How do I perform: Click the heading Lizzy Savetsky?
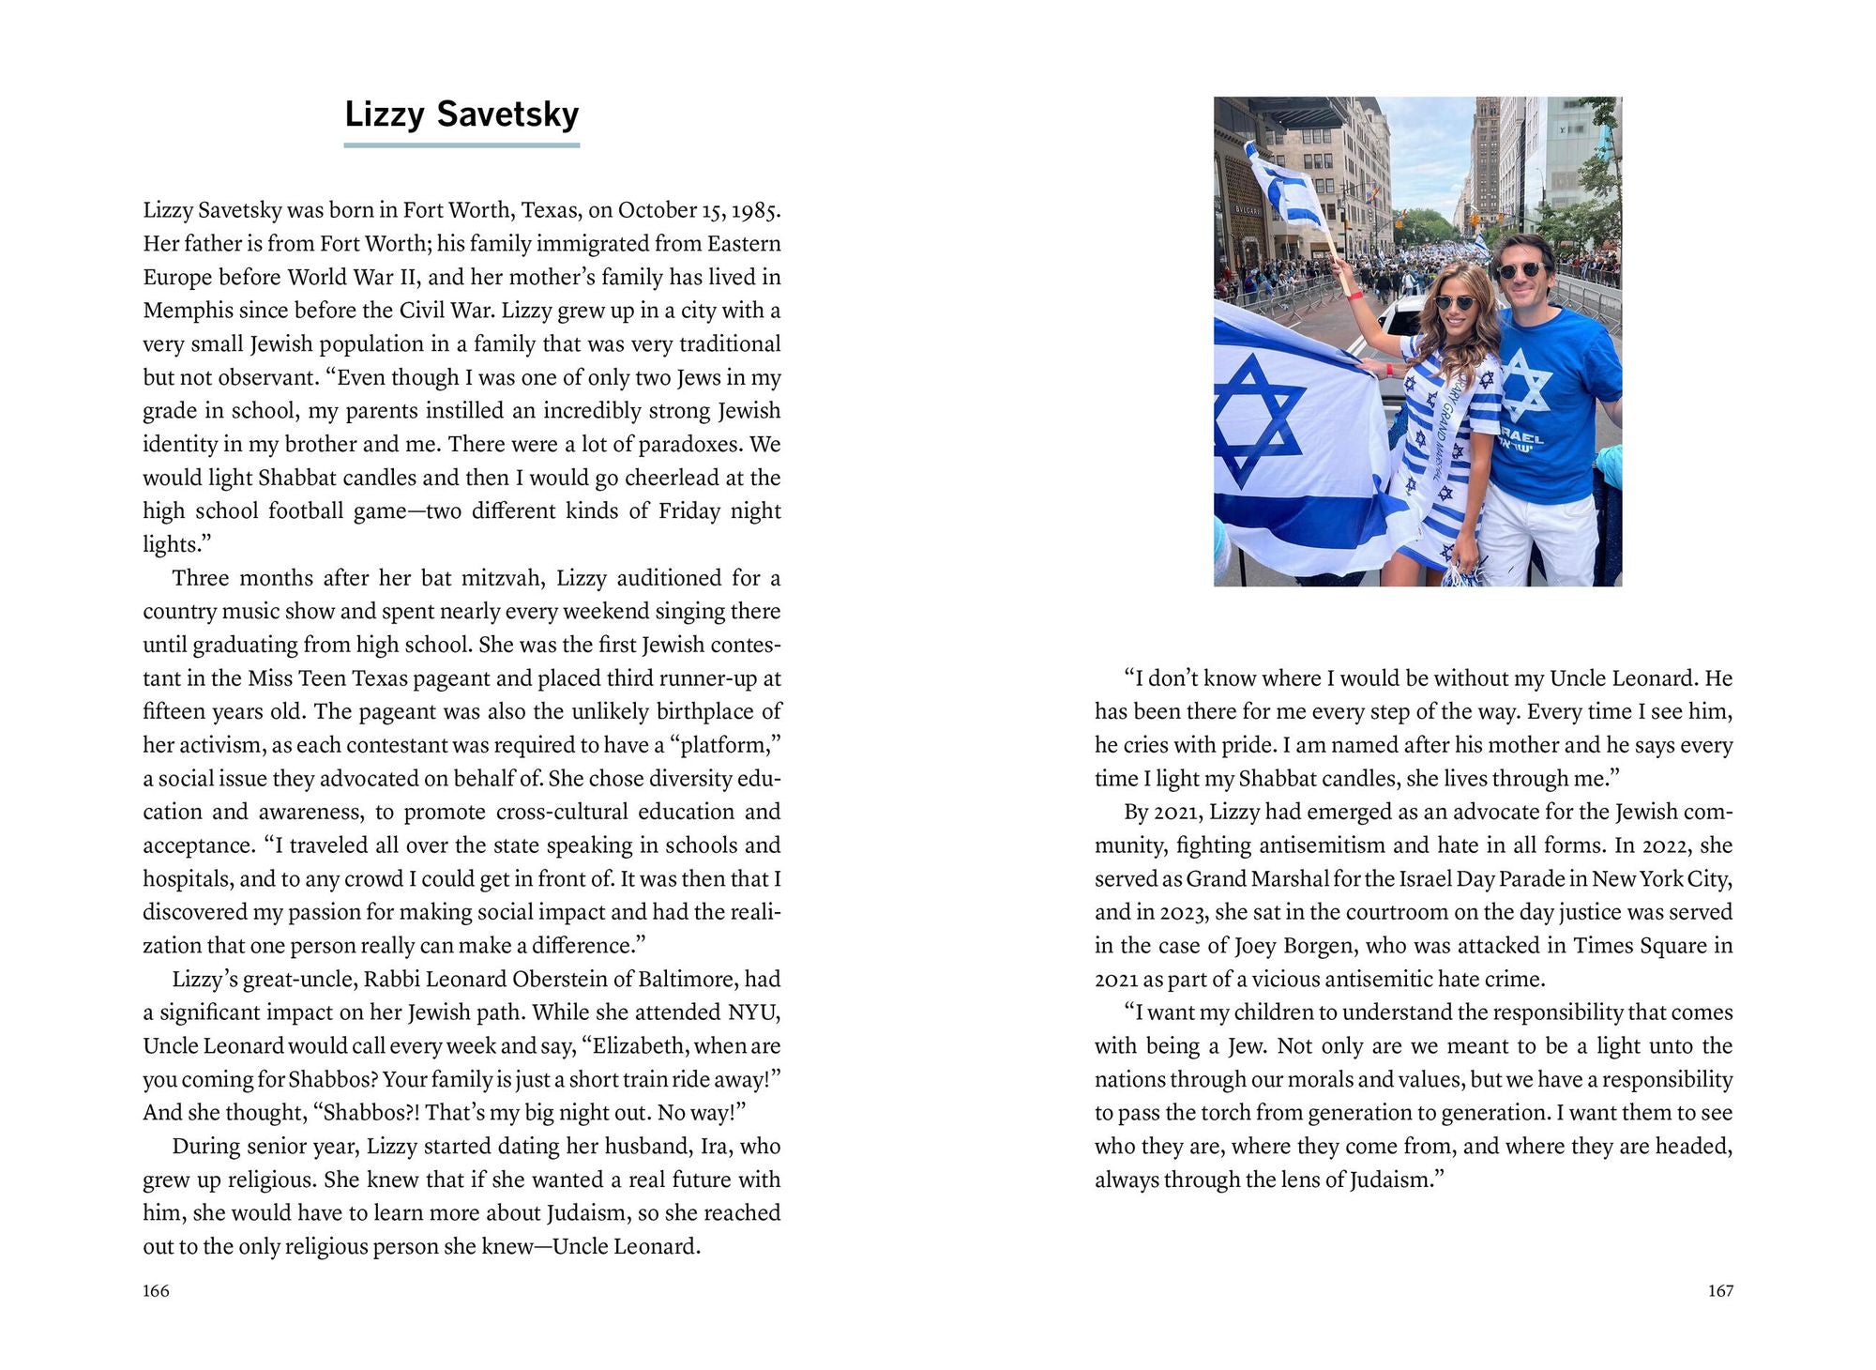point(461,114)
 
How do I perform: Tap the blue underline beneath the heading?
point(461,145)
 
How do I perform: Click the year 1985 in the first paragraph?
point(754,210)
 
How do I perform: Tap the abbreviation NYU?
point(754,1012)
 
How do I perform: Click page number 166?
point(156,1291)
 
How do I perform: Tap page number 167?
point(1720,1291)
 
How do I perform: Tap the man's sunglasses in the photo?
point(1520,271)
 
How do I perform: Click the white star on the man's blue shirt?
point(1527,385)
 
